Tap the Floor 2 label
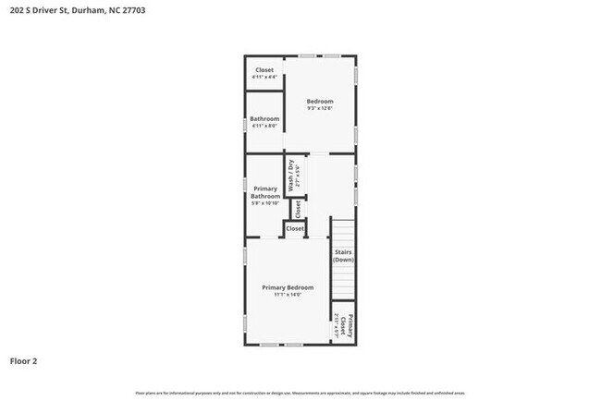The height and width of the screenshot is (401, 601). (x=24, y=360)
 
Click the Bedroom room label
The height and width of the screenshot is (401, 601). (x=320, y=101)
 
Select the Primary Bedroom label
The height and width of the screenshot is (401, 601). (x=288, y=287)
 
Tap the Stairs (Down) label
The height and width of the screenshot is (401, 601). (x=343, y=256)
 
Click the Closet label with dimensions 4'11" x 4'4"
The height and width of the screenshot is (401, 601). (x=264, y=70)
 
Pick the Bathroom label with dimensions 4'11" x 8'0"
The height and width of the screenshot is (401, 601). (x=264, y=118)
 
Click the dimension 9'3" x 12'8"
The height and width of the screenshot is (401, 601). (x=320, y=109)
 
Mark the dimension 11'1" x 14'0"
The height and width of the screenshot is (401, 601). (x=288, y=295)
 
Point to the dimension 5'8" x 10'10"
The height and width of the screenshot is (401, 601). (x=265, y=203)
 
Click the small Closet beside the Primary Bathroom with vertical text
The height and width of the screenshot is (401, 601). (x=298, y=209)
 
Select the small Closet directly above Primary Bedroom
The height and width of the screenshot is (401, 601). (x=295, y=228)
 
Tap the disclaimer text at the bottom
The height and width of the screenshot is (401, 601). (x=300, y=394)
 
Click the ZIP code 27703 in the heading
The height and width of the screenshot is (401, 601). (x=131, y=9)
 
